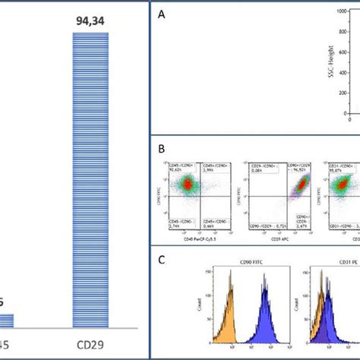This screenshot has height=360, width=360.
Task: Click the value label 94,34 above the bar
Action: pos(92,20)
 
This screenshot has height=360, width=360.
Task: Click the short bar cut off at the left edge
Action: pos(6,320)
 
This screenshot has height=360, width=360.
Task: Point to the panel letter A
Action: pos(160,14)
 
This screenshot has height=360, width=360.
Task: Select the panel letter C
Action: pos(160,258)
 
